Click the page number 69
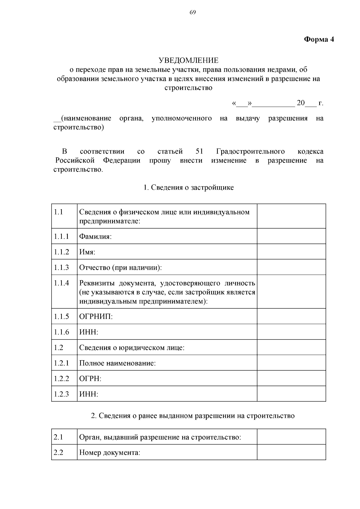[193, 12]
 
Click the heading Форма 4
[319, 39]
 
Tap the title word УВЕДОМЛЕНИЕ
[188, 61]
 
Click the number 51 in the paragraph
[199, 151]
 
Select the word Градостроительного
[250, 151]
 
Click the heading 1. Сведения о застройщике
[188, 188]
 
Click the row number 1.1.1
[61, 236]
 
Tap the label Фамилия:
[95, 236]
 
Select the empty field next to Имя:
[291, 252]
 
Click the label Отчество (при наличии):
[120, 267]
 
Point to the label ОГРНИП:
[96, 316]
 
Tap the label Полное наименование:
[117, 363]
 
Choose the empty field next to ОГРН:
[291, 378]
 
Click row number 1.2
[59, 347]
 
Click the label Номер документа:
[109, 452]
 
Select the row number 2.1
[58, 437]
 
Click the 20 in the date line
[301, 103]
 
